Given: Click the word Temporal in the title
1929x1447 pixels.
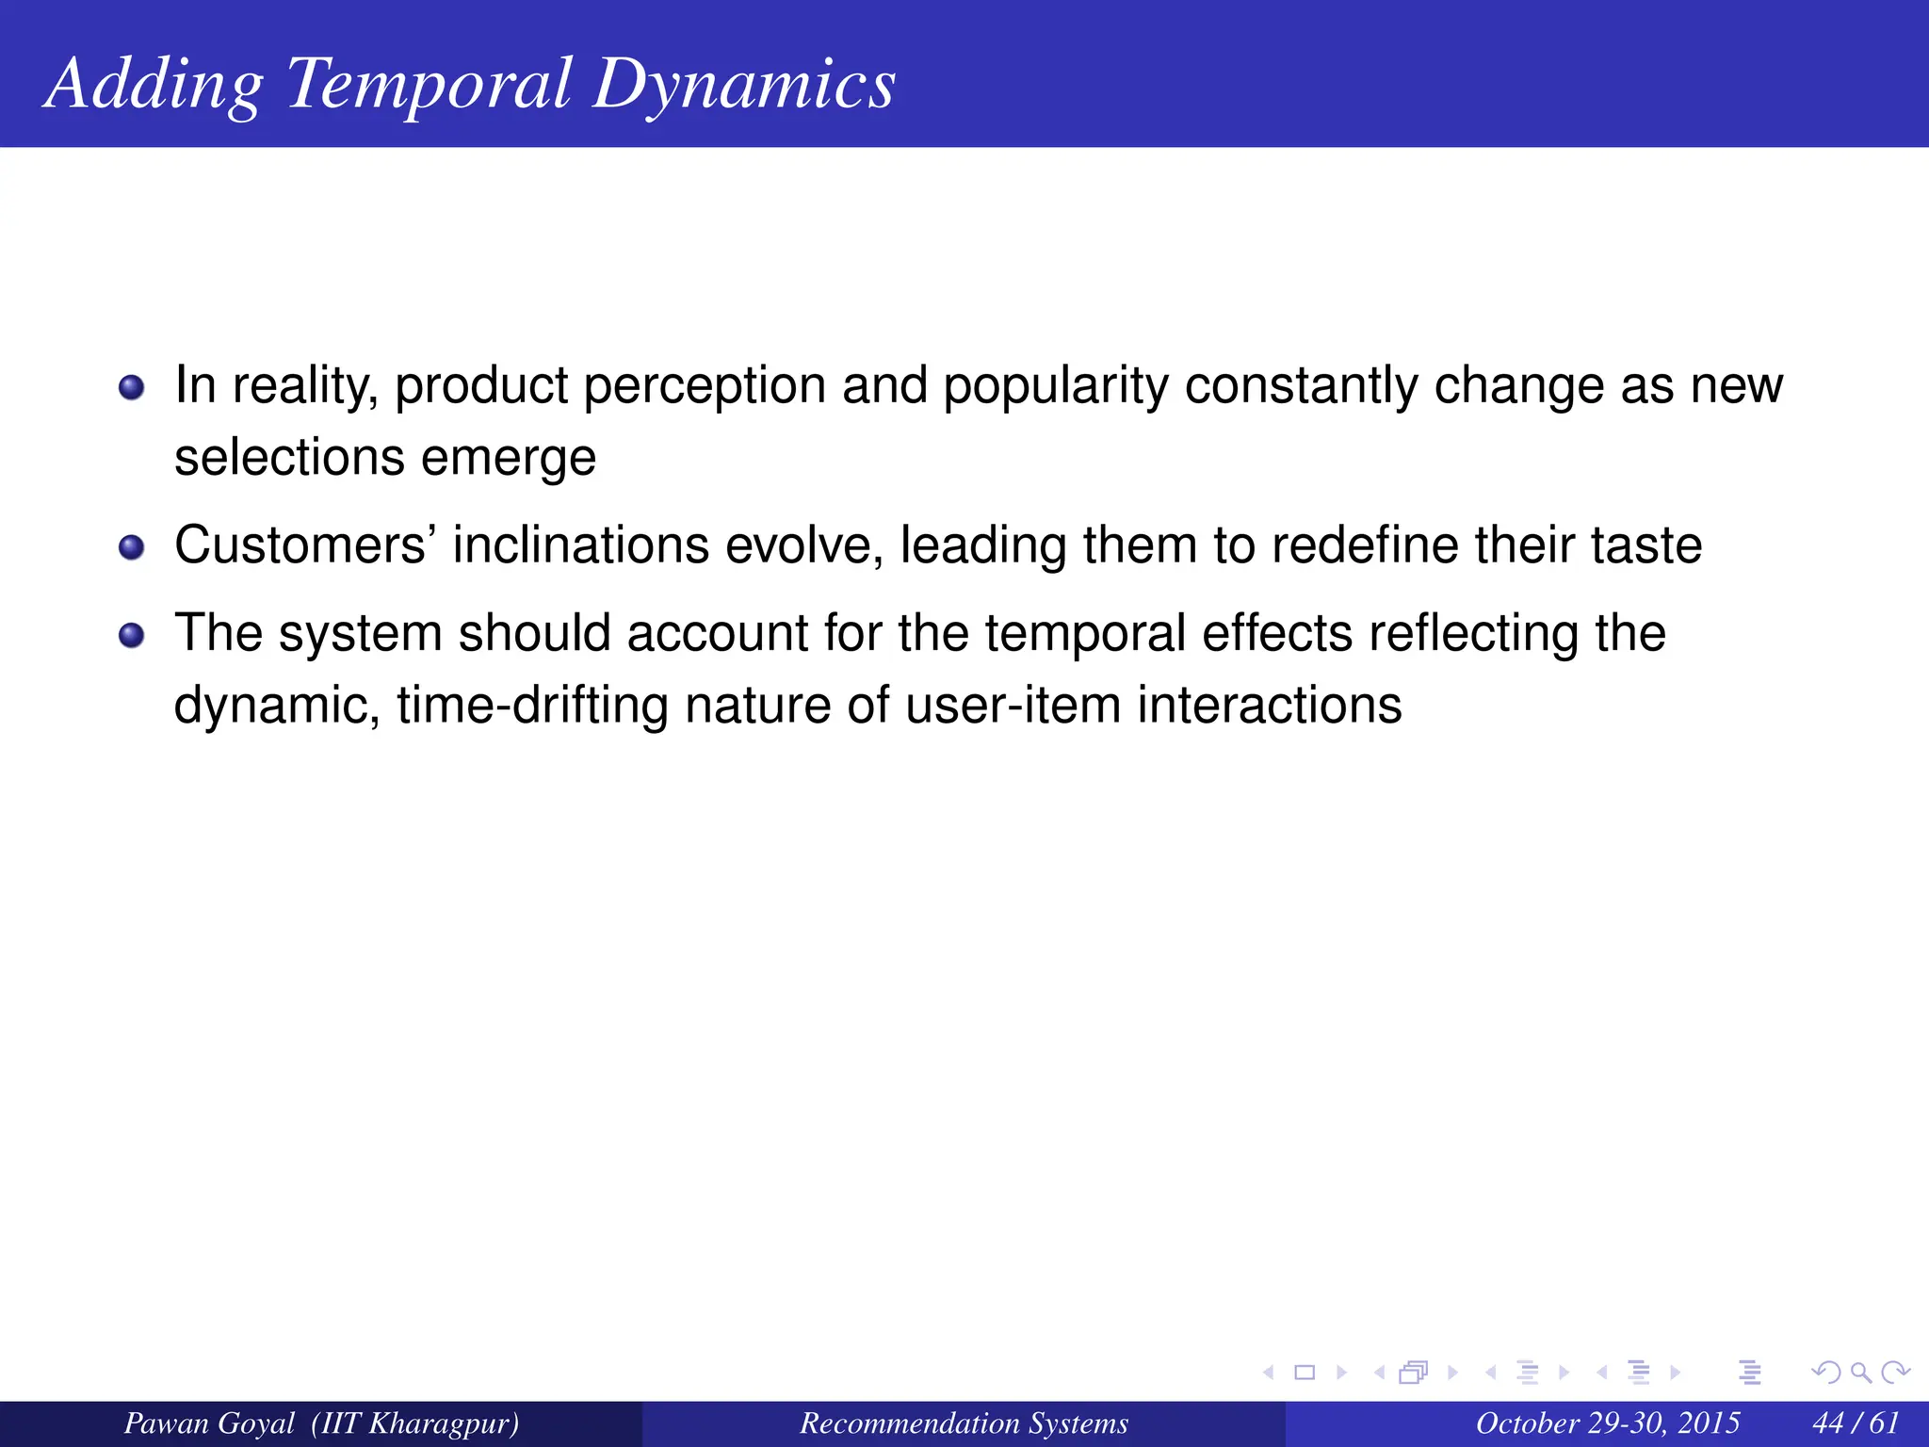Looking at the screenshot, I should pyautogui.click(x=429, y=85).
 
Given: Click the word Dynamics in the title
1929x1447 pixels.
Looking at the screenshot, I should pyautogui.click(x=743, y=85).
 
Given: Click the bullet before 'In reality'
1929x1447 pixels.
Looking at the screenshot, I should pyautogui.click(x=132, y=388).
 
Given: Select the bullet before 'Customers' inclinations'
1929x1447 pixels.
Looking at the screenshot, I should pyautogui.click(x=132, y=547).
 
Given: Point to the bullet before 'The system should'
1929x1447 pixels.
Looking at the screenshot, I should pyautogui.click(x=132, y=636).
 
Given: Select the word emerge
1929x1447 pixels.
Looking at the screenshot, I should pyautogui.click(x=509, y=459).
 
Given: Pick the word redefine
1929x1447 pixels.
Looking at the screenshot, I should pyautogui.click(x=1365, y=545).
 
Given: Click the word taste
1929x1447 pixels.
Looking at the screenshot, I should pyautogui.click(x=1646, y=545).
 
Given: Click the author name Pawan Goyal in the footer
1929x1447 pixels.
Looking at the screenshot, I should pyautogui.click(x=209, y=1423).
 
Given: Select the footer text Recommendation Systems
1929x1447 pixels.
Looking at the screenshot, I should pyautogui.click(x=964, y=1423).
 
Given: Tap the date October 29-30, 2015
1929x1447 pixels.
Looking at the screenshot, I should pyautogui.click(x=1607, y=1423).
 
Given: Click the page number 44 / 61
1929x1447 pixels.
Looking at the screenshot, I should pyautogui.click(x=1855, y=1423).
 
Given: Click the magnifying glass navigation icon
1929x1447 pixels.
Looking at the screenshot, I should pyautogui.click(x=1860, y=1373).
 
